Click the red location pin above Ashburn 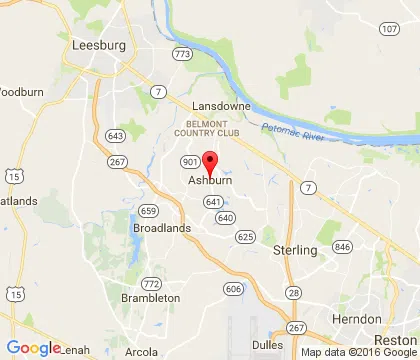210,161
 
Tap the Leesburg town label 99,45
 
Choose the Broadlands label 160,228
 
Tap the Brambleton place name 151,298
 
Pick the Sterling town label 294,250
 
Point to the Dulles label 267,345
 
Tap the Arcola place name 140,351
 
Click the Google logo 33,348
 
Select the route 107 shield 389,29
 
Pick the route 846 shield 343,246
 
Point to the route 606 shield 233,289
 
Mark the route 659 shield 148,211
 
